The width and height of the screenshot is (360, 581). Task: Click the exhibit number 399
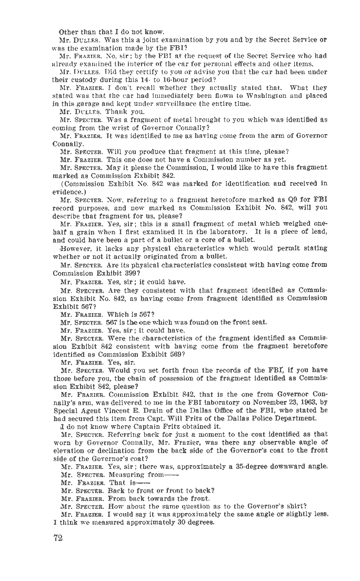pyautogui.click(x=130, y=274)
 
